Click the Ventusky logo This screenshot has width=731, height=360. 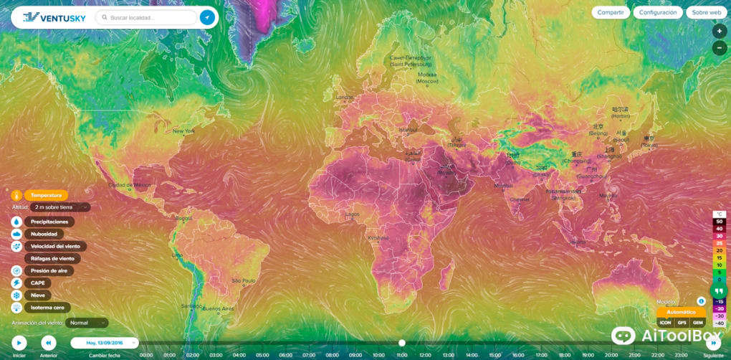49,17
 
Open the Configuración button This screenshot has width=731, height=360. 657,12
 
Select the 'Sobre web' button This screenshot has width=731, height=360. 706,12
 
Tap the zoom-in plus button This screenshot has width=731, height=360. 719,32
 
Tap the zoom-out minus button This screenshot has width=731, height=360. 719,49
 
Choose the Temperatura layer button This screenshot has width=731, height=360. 47,194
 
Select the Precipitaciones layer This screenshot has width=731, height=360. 49,222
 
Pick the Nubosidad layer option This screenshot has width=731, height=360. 44,234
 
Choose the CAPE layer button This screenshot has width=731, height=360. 38,283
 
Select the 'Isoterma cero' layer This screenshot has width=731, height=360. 48,307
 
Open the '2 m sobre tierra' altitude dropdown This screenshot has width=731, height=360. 60,207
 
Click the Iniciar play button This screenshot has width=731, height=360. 19,343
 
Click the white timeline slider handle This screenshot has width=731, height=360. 402,343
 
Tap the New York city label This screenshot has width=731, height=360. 183,131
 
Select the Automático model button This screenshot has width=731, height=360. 681,312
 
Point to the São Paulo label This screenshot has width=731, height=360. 244,280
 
